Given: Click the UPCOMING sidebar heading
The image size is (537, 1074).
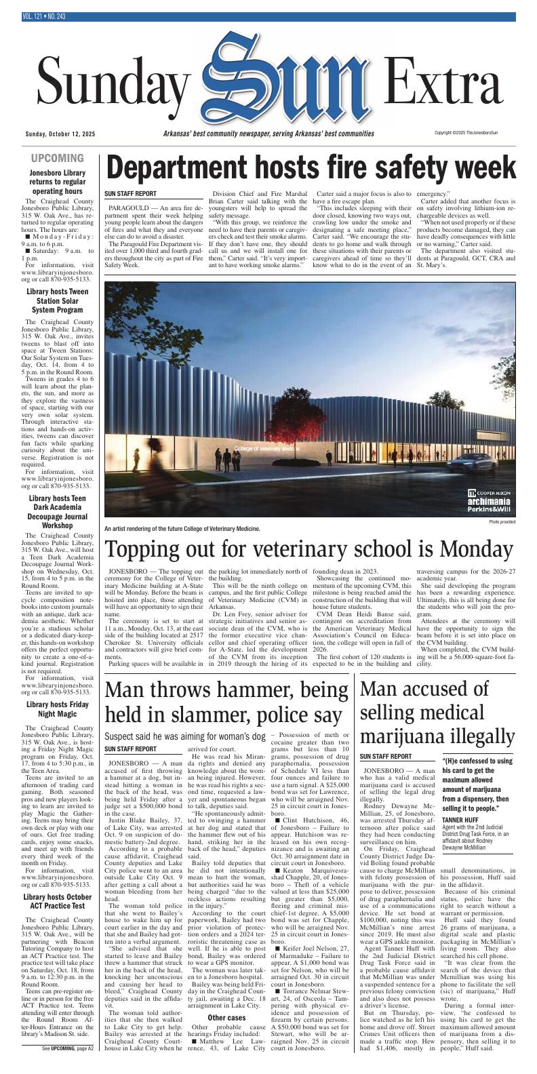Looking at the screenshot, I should pos(66,159).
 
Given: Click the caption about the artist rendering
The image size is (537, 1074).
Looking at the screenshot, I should pos(182,528).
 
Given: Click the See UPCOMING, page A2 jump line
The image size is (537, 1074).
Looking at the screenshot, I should pos(66,1067).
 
